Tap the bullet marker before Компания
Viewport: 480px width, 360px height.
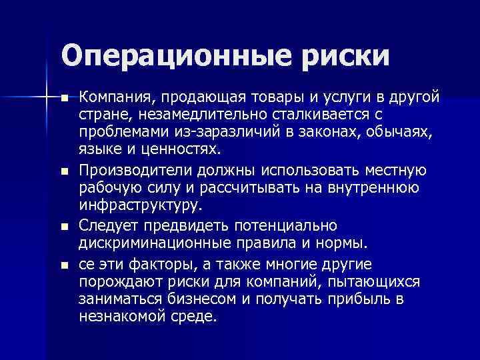point(64,98)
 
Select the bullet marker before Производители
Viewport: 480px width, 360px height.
point(64,171)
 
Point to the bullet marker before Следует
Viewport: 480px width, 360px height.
point(64,227)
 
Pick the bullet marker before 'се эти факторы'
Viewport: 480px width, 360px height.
point(64,264)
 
